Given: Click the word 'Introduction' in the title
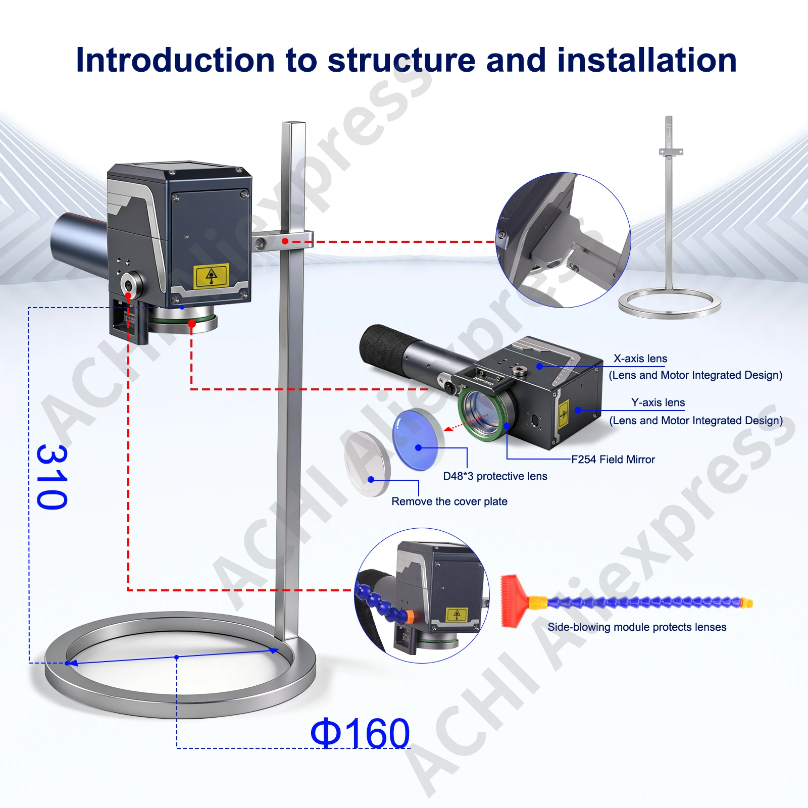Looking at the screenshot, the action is pos(175,60).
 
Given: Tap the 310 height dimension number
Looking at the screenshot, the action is pos(52,477).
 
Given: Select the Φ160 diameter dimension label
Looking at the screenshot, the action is pos(360,733).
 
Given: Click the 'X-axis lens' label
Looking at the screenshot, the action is pos(640,359).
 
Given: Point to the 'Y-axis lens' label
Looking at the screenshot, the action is pos(658,402).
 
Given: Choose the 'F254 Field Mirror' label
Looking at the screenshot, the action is pos(613,460).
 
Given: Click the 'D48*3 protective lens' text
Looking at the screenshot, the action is pos(495,476).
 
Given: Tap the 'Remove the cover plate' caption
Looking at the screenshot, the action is pos(449,501).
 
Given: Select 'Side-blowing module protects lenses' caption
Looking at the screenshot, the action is pos(637,627).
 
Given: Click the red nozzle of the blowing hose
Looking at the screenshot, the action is pos(513,600).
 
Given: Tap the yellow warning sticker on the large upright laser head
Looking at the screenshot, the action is pos(212,276).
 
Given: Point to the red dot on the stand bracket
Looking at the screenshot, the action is pos(285,241).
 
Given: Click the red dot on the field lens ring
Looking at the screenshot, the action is pos(192,324).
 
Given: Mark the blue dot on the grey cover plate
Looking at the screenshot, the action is pos(371,479).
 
